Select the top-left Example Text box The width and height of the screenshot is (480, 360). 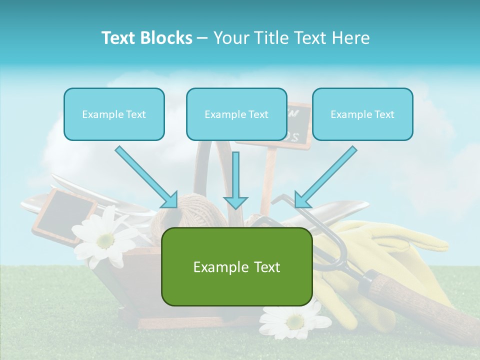[114, 114]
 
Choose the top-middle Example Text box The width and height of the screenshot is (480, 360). [236, 114]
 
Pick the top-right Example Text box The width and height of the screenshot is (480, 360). [362, 114]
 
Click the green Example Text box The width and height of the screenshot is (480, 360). [236, 266]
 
